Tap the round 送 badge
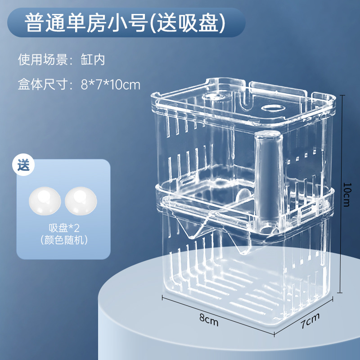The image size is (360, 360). [23, 165]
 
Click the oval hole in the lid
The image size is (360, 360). [274, 108]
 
